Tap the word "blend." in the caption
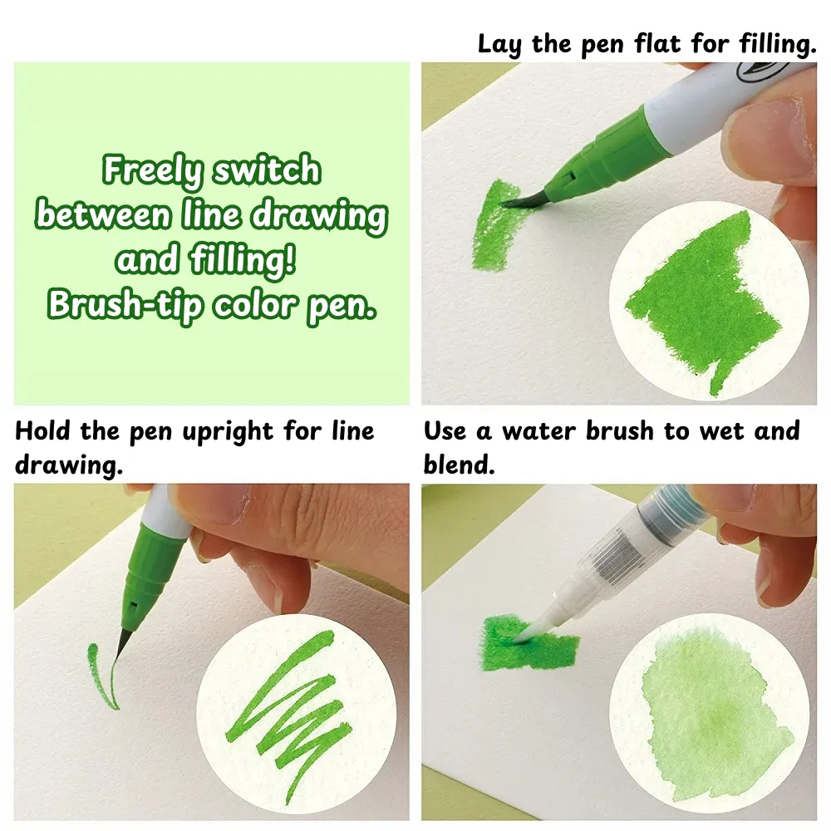[x=459, y=465]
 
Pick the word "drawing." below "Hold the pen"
[x=69, y=466]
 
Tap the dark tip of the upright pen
[x=122, y=643]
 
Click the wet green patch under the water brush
[x=529, y=644]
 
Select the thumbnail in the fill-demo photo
[x=784, y=128]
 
